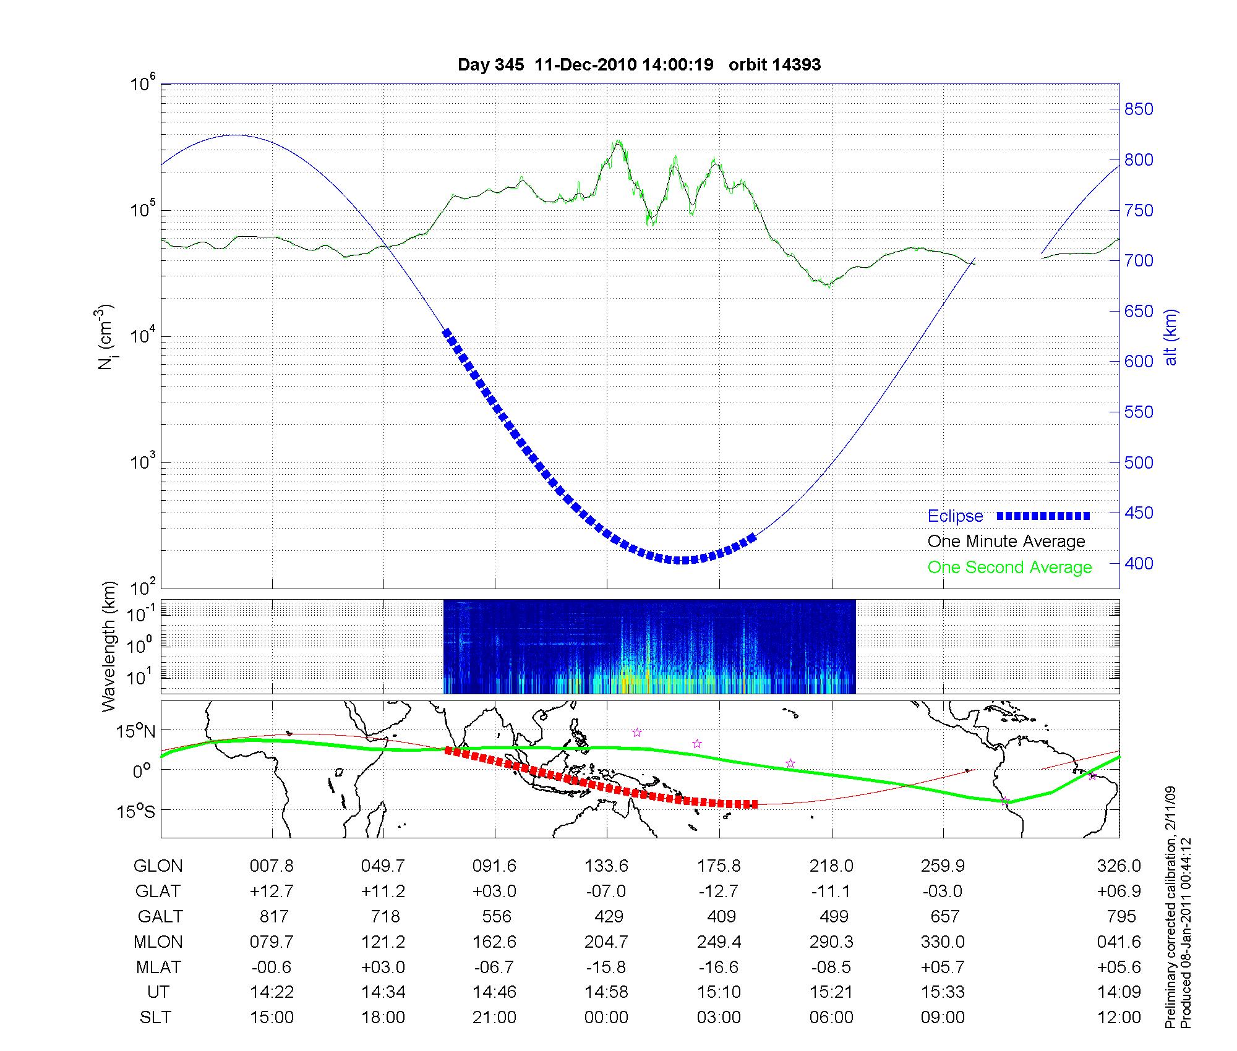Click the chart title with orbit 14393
point(639,65)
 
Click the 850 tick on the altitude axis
point(1139,109)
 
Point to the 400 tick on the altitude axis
point(1139,563)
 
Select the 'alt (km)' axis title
point(1171,337)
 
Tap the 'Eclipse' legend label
point(955,516)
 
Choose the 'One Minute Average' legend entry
point(1006,542)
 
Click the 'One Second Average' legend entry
point(1009,568)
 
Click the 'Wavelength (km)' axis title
point(109,647)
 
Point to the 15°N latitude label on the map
point(136,732)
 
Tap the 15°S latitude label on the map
point(136,811)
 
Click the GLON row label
point(158,866)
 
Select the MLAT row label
point(158,967)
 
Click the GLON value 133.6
point(606,866)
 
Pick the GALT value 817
point(272,916)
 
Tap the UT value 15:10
point(718,992)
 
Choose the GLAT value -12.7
point(718,891)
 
